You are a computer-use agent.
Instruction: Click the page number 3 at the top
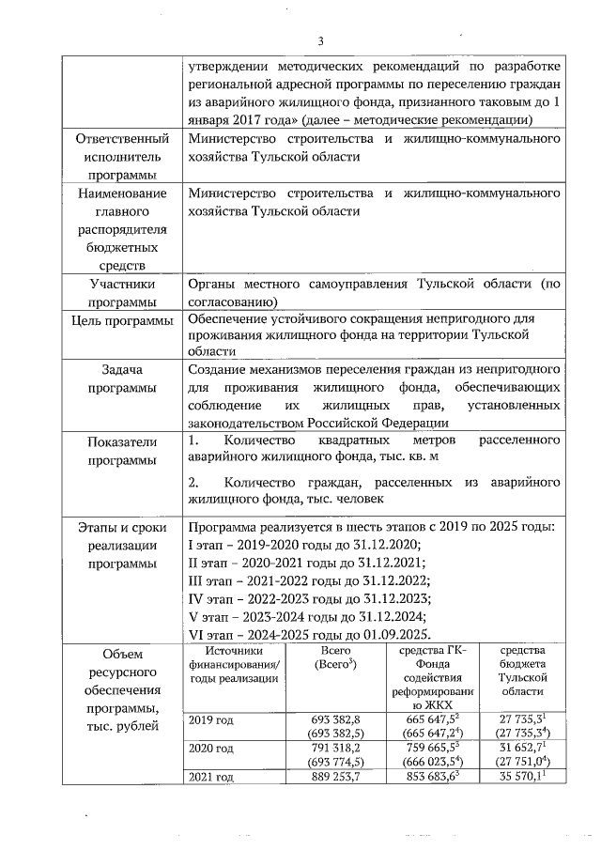[319, 40]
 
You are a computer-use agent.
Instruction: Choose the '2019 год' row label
[211, 720]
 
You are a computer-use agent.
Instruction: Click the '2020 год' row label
[211, 749]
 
